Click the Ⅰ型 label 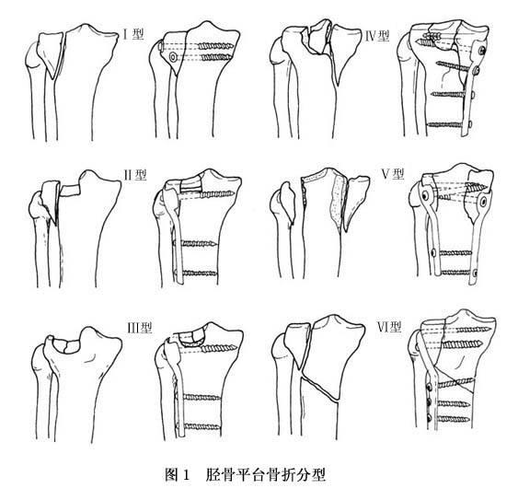132,34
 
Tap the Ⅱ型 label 134,175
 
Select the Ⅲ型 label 140,328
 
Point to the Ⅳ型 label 377,36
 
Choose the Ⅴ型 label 393,173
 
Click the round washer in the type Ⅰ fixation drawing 173,57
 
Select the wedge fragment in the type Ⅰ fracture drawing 51,52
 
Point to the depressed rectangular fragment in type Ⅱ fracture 70,190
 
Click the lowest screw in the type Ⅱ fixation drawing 196,273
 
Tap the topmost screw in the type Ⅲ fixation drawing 218,348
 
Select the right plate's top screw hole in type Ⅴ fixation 483,201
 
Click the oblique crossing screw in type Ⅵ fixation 455,383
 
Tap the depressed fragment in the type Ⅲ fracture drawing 66,346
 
